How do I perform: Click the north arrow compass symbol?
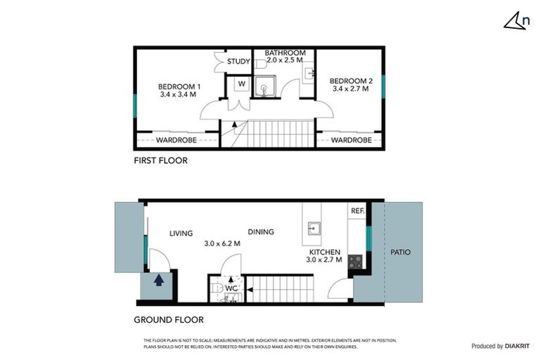point(516,21)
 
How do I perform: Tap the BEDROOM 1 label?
point(178,87)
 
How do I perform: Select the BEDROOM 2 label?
point(351,82)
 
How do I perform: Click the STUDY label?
point(238,62)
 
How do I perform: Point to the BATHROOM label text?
point(285,53)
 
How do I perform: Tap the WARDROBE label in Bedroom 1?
point(176,141)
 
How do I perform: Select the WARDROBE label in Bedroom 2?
point(351,141)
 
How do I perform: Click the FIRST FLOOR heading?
point(160,160)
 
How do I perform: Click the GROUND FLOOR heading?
point(169,320)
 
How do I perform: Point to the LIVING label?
point(181,233)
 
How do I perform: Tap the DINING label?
point(260,232)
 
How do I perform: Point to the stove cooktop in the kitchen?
point(355,262)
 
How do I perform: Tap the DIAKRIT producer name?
point(515,346)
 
